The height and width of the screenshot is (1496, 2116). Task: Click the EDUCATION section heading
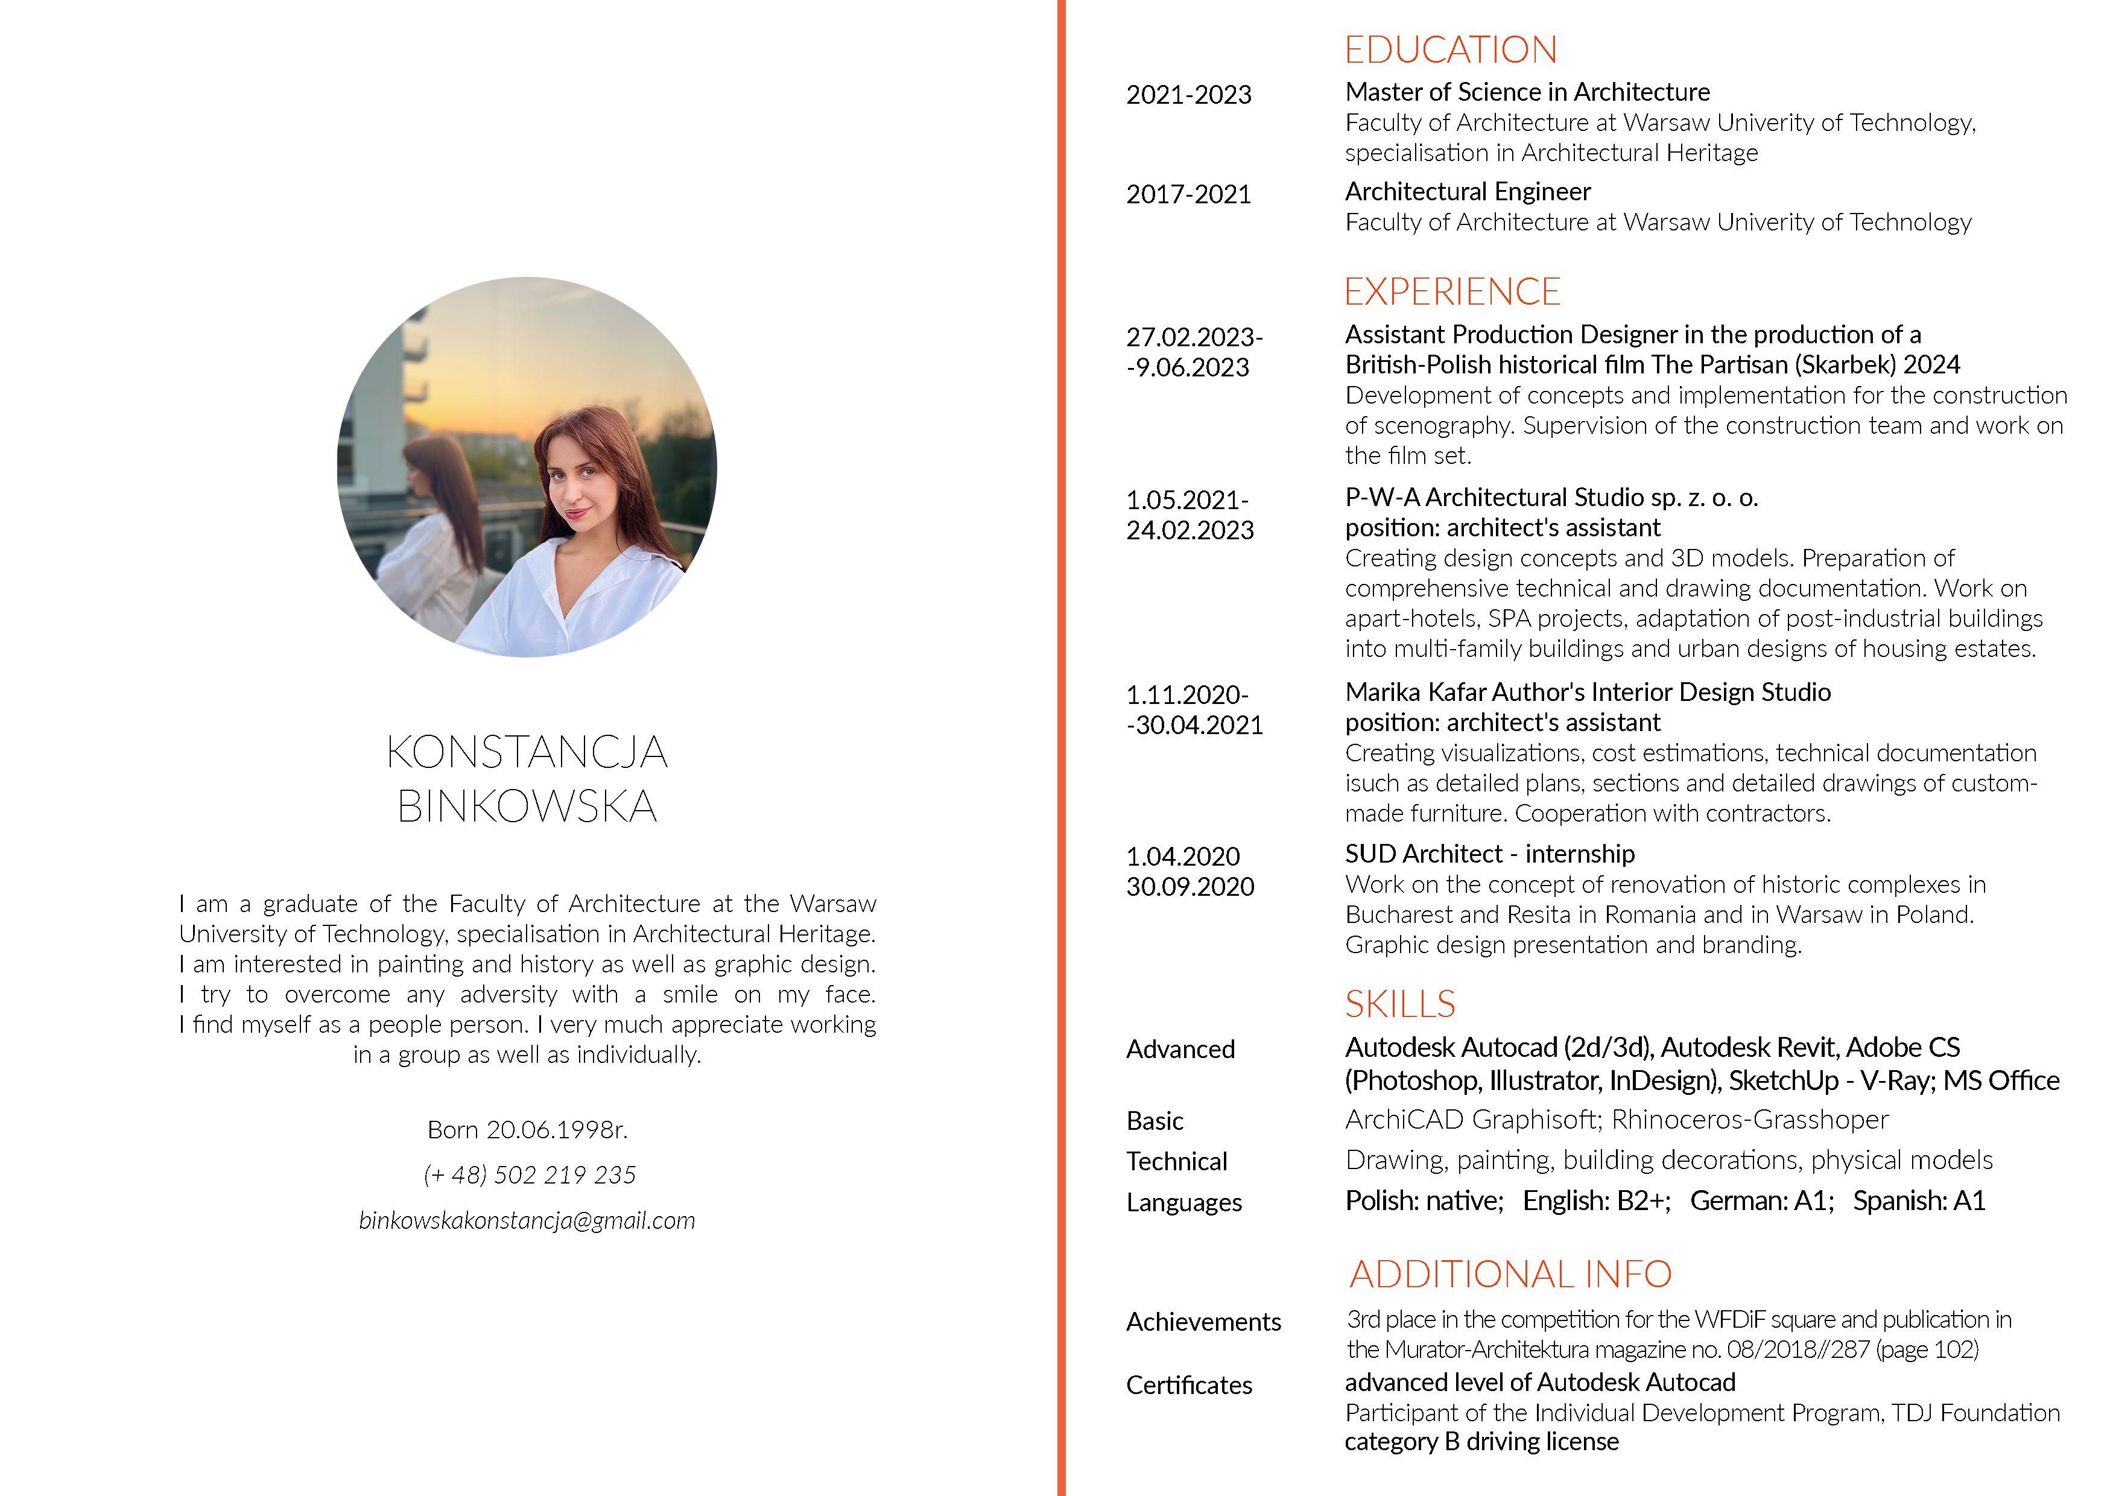tap(1451, 50)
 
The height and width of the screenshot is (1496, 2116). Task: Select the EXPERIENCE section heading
tap(1452, 291)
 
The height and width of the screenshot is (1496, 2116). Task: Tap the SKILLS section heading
tap(1400, 1004)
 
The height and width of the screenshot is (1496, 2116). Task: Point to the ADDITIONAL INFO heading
tap(1510, 1274)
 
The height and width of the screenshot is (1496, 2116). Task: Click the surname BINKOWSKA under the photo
tap(527, 807)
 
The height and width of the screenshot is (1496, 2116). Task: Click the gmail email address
tap(527, 1220)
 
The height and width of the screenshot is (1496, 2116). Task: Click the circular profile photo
tap(527, 468)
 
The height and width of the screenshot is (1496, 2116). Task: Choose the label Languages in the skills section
tap(1184, 1202)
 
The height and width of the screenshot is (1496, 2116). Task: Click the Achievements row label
tap(1203, 1322)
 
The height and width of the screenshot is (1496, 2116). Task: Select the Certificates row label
tap(1189, 1386)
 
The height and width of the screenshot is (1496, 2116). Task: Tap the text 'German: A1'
tap(1761, 1200)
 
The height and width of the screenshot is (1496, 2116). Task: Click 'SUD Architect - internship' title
tap(1489, 854)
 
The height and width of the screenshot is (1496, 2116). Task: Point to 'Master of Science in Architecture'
tap(1527, 92)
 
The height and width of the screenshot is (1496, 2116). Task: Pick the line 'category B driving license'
tap(1481, 1442)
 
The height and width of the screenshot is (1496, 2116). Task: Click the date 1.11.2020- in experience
tap(1187, 694)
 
